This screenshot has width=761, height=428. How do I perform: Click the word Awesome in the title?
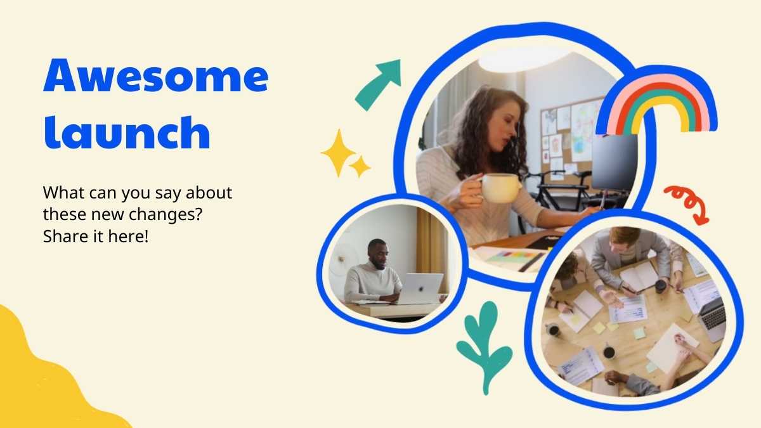[x=156, y=75]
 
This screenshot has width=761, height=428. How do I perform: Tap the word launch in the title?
[x=127, y=132]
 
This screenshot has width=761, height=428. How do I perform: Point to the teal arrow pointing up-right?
[x=377, y=86]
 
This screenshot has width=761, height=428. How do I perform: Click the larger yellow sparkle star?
[x=339, y=153]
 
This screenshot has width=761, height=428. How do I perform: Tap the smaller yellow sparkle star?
[x=360, y=167]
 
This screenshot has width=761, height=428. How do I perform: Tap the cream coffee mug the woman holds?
[x=500, y=188]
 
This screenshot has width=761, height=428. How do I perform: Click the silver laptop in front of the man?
[x=420, y=289]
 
